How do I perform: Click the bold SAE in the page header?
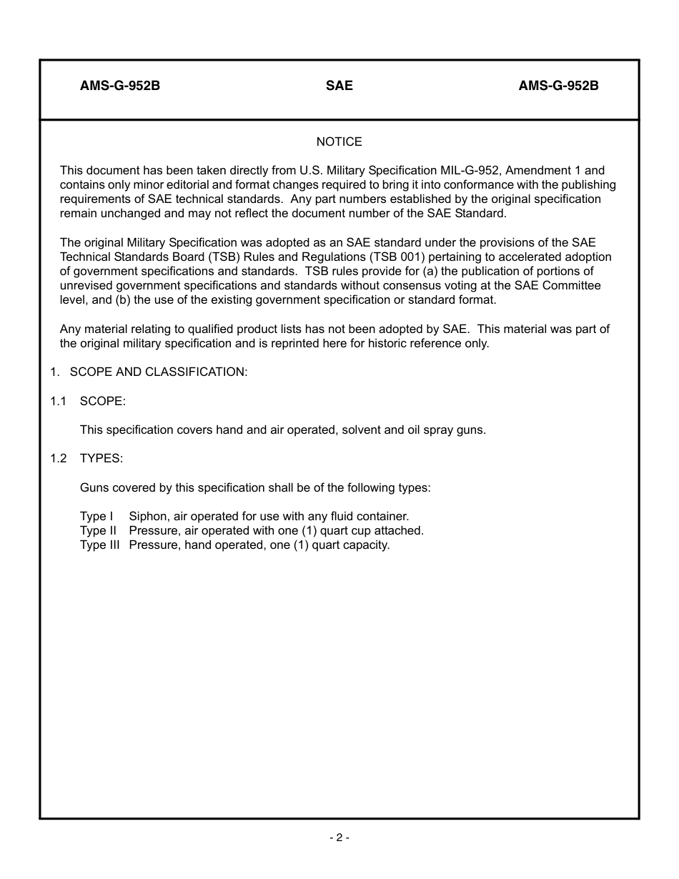click(339, 86)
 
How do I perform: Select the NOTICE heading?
click(339, 141)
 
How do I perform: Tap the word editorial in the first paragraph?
click(192, 184)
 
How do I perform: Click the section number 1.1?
click(58, 401)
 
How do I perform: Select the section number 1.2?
click(58, 458)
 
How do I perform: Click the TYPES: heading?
click(101, 458)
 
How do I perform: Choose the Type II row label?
click(98, 530)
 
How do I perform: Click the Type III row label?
click(99, 545)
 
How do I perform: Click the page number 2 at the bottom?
click(339, 838)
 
